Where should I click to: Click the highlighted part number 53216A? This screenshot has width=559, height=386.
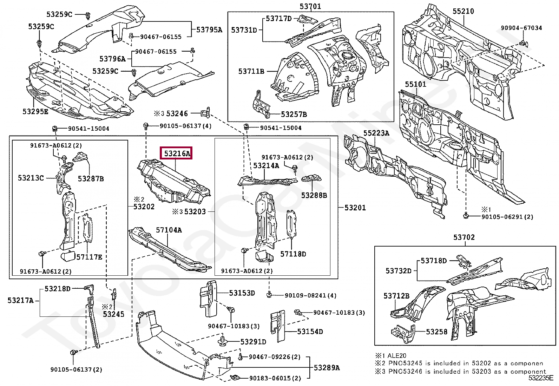coord(176,153)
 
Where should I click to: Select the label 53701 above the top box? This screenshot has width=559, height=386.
coord(310,6)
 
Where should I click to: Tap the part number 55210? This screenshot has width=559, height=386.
coord(463,11)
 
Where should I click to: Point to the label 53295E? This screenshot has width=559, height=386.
coord(36,111)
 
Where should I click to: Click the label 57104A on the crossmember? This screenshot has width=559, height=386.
coord(169,230)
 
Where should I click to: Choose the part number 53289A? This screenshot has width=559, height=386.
coord(327,368)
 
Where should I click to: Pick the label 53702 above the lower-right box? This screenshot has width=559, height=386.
coord(464,237)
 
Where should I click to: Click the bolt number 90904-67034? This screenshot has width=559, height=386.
coord(521,28)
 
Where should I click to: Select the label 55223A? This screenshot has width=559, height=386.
coord(376,133)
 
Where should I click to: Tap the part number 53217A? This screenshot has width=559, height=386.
coord(21,300)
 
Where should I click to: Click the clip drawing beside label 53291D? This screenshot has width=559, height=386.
coord(223,341)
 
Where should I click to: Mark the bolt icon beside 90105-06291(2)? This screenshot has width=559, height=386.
coord(466,216)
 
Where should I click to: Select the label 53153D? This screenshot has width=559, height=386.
coord(242,293)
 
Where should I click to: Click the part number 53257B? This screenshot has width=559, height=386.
coord(294,114)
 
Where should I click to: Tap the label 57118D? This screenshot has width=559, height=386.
coord(293,254)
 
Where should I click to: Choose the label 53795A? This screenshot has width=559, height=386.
coord(209,30)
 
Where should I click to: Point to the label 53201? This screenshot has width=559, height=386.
coord(355,208)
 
